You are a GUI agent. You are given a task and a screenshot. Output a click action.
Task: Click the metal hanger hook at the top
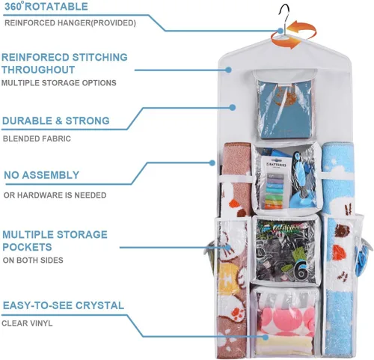click(x=283, y=15)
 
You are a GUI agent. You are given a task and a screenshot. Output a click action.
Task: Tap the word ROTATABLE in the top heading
click(x=56, y=7)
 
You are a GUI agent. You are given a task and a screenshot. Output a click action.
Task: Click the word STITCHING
click(x=99, y=58)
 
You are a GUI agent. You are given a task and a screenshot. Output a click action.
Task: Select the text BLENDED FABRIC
click(x=37, y=138)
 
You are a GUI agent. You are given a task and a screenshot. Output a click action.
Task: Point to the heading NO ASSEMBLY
click(x=42, y=175)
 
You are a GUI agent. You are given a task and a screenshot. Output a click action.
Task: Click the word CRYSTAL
click(x=99, y=305)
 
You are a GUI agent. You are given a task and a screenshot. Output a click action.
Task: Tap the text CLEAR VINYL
click(x=27, y=323)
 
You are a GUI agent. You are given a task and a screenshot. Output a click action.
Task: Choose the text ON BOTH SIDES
click(x=33, y=260)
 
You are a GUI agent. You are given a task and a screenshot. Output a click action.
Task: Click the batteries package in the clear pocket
click(x=276, y=183)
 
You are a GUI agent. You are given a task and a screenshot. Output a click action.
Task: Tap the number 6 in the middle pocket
click(x=301, y=271)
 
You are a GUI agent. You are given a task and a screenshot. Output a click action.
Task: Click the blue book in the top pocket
click(x=283, y=110)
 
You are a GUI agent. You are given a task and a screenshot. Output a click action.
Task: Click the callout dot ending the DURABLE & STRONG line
click(x=233, y=108)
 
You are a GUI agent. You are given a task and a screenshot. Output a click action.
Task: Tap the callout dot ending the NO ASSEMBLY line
click(x=212, y=163)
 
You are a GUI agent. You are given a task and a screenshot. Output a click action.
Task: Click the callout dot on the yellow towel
click(x=266, y=338)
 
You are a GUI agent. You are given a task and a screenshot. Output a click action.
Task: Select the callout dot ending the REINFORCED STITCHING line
click(x=228, y=70)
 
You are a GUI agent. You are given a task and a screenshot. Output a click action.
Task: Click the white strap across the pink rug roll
click(x=236, y=178)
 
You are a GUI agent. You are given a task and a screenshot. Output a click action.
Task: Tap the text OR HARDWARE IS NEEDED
click(x=55, y=195)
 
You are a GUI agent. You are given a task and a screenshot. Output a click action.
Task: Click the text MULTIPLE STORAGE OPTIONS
click(x=59, y=83)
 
